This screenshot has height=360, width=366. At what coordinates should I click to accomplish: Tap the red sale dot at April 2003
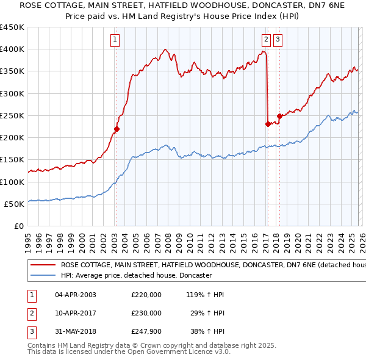(x=117, y=129)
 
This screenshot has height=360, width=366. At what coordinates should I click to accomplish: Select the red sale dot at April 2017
(x=268, y=124)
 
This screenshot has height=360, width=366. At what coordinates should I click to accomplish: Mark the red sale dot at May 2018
(x=279, y=116)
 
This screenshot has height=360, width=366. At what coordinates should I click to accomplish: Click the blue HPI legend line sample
(x=43, y=276)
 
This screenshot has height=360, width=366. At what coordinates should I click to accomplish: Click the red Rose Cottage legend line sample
(x=43, y=265)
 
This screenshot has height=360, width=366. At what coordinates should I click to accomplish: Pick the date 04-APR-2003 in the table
(x=75, y=295)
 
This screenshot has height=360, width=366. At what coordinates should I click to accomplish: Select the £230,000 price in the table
(x=146, y=312)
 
